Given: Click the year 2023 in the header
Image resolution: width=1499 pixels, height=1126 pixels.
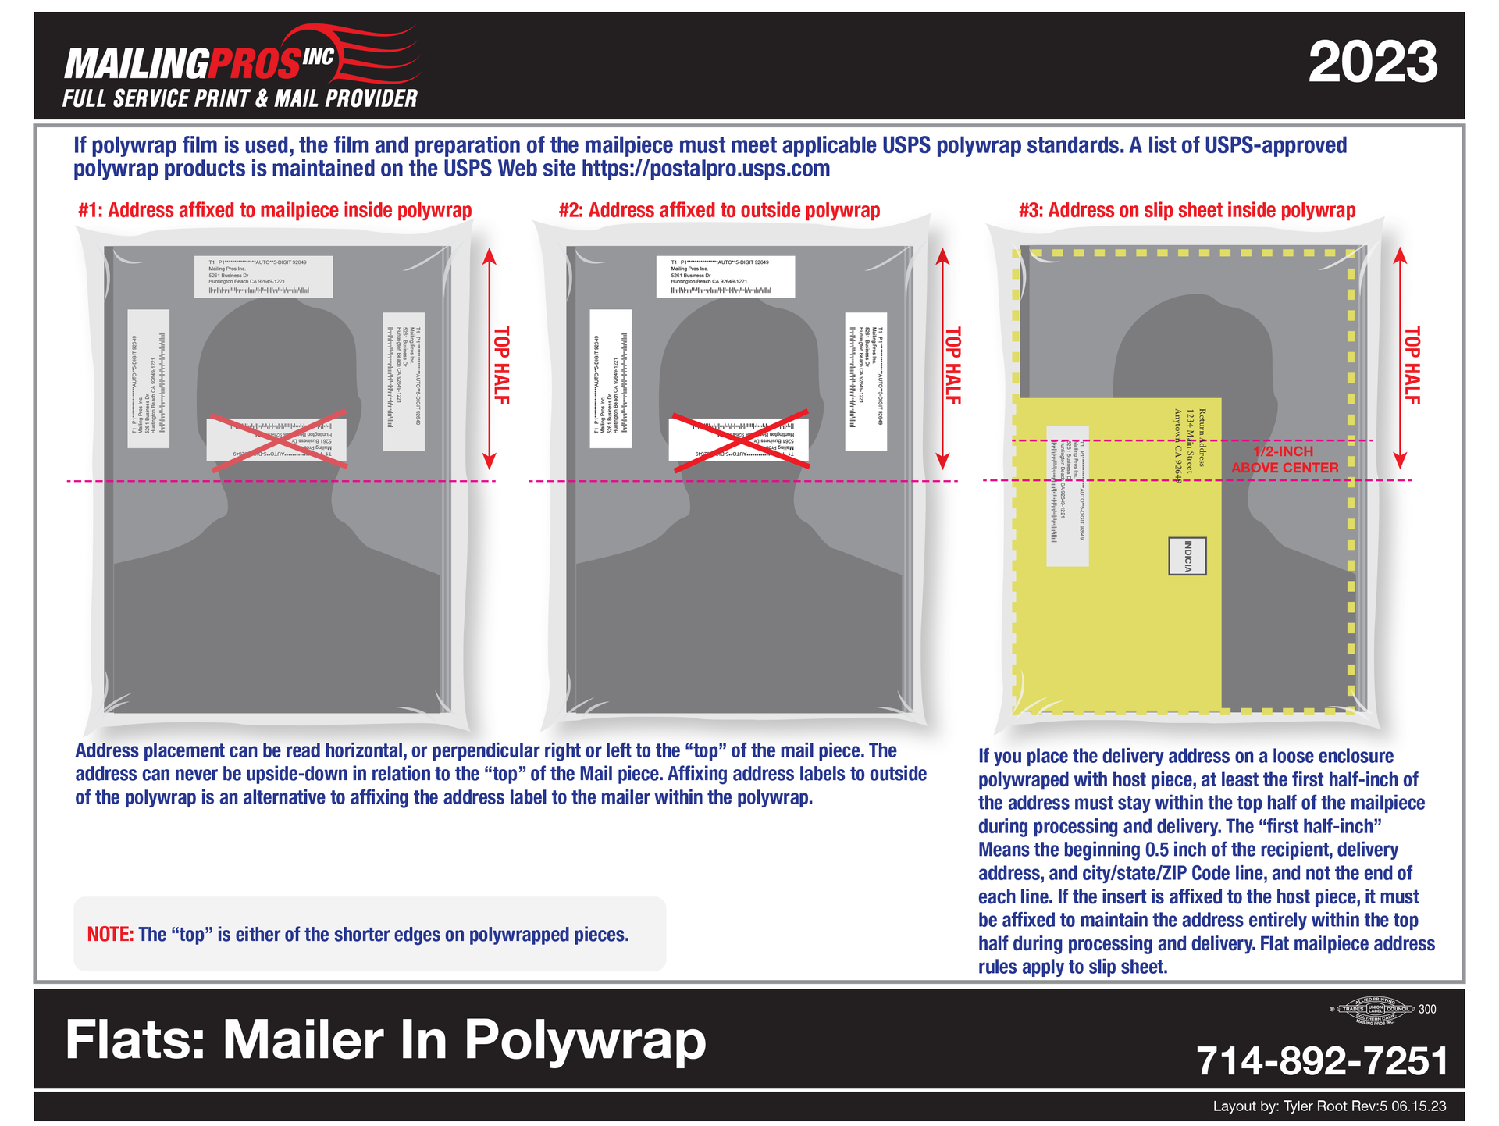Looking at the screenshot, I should [x=1372, y=62].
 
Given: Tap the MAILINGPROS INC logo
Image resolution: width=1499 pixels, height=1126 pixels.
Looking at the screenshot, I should [x=240, y=66].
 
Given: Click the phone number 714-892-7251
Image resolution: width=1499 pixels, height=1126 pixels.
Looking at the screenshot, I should [x=1321, y=1061].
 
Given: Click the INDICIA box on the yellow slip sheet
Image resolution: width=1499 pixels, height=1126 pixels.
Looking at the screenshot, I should [x=1187, y=556].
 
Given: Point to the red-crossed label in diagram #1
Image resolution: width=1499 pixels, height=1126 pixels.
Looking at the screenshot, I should [x=277, y=439].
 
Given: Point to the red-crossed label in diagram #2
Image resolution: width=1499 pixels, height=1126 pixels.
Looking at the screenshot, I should [x=739, y=439].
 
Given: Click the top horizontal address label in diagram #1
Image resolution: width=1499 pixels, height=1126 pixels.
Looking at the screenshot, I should [x=263, y=276].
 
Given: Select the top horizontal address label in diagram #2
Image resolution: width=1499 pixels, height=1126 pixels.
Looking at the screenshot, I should [x=725, y=276].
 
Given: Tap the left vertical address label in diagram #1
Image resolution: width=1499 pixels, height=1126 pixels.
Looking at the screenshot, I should [x=148, y=379].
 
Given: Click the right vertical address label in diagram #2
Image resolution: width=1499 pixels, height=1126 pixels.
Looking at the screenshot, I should [x=866, y=382].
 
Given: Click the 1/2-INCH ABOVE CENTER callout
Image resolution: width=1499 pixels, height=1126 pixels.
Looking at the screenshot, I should [x=1284, y=460].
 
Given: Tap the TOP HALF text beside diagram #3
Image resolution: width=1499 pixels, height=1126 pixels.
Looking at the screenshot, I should [x=1412, y=365].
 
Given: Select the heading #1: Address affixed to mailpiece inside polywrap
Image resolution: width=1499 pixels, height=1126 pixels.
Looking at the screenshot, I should [x=275, y=210].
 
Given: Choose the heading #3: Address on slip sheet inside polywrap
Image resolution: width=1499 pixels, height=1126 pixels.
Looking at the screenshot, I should [x=1187, y=210].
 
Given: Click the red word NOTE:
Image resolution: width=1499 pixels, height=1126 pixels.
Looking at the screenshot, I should [x=110, y=935].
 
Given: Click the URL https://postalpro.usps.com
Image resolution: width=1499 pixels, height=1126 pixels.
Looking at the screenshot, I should [x=706, y=169].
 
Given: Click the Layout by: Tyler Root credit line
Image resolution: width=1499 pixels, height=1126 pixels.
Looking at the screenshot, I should [x=1329, y=1106].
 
